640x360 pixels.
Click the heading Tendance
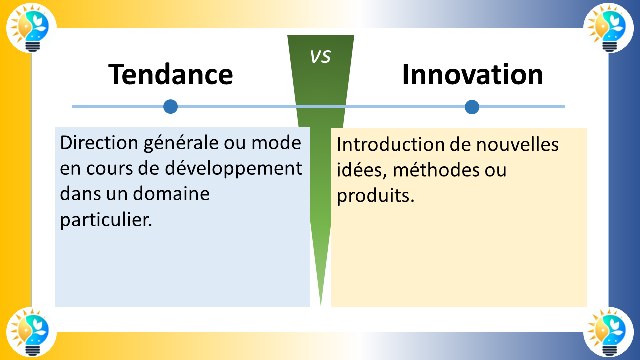pyautogui.click(x=171, y=75)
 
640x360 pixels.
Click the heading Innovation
pyautogui.click(x=472, y=75)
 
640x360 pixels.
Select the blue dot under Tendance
pyautogui.click(x=171, y=106)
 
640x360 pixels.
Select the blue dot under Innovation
pyautogui.click(x=472, y=107)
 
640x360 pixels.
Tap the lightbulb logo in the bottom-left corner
pyautogui.click(x=31, y=332)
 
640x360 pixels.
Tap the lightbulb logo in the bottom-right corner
pyautogui.click(x=608, y=332)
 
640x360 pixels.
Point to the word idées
pyautogui.click(x=362, y=170)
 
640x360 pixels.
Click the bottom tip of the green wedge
pyautogui.click(x=321, y=304)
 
